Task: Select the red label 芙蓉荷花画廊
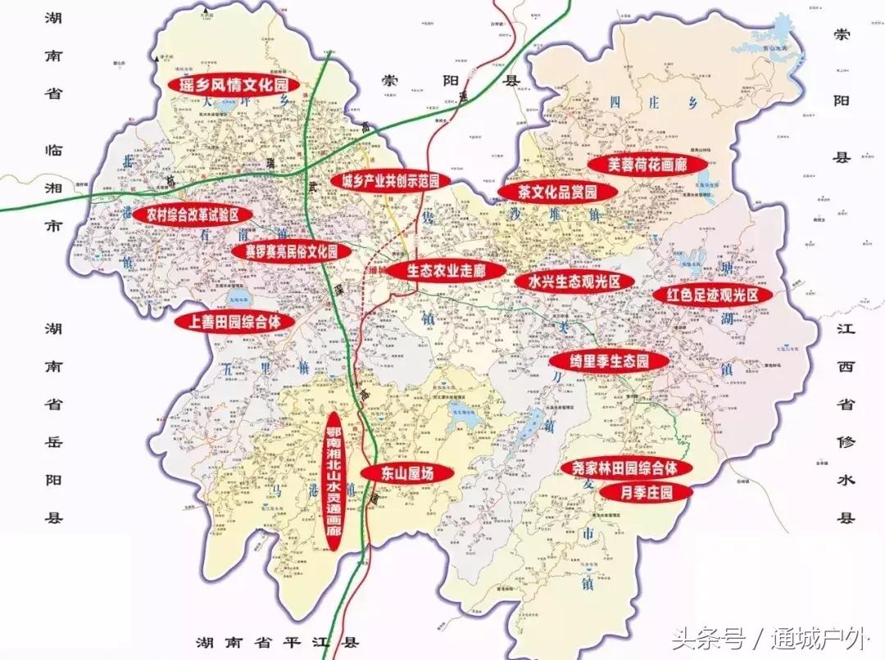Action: pyautogui.click(x=647, y=164)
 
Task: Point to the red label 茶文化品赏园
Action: pyautogui.click(x=557, y=192)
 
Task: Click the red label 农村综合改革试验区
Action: pyautogui.click(x=192, y=215)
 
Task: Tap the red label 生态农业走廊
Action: pyautogui.click(x=447, y=270)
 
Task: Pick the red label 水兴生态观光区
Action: pyautogui.click(x=575, y=281)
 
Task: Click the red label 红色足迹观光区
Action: pyautogui.click(x=712, y=295)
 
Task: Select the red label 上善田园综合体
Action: pyautogui.click(x=234, y=322)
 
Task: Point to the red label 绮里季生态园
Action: pyautogui.click(x=610, y=360)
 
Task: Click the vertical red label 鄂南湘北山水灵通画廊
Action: pyautogui.click(x=333, y=481)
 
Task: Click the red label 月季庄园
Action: pyautogui.click(x=646, y=492)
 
